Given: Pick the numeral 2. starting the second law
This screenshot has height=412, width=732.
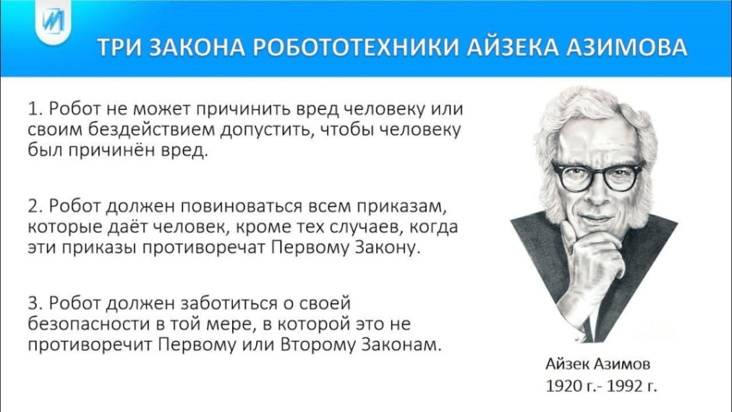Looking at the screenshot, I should pos(34,208).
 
